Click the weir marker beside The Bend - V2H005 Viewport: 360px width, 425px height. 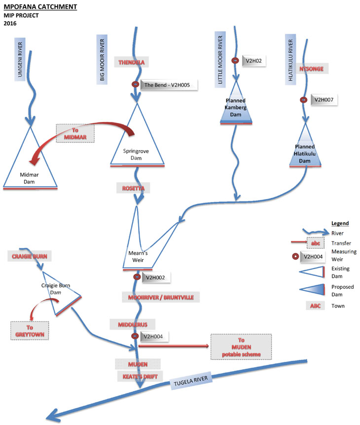(136, 85)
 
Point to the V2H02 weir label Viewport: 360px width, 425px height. (255, 61)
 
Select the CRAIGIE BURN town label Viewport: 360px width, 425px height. (30, 257)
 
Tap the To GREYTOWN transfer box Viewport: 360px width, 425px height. (30, 330)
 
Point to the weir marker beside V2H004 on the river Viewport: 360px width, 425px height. (135, 336)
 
